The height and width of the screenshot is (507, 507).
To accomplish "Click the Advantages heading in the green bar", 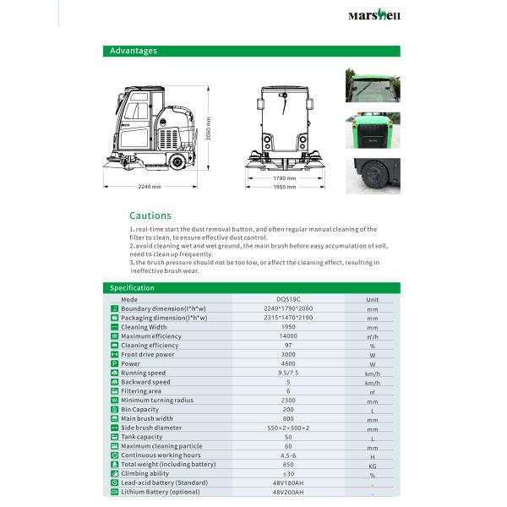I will tap(134, 51).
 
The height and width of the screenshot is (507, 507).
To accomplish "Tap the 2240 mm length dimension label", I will tap(149, 186).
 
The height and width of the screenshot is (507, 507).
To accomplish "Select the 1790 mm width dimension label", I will tap(284, 178).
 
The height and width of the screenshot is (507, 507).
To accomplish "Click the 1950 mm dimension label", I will tap(284, 187).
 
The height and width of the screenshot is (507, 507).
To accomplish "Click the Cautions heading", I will tap(150, 215).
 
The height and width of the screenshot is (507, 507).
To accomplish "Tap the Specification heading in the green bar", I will tap(133, 288).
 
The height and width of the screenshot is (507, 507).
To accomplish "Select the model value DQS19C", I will tap(288, 299).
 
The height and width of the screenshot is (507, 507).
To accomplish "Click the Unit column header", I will tap(373, 299).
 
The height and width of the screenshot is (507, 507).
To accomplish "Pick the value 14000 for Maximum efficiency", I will tap(288, 336).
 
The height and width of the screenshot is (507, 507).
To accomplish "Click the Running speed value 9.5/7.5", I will tap(288, 373).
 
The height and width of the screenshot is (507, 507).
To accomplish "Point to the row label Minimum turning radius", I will tap(157, 400).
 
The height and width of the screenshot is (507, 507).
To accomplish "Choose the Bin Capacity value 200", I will tap(288, 409).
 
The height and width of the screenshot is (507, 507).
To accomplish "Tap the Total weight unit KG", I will tap(373, 465).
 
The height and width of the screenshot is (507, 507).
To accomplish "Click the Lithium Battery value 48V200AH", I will tap(288, 492).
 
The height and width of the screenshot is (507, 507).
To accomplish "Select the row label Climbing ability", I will tap(145, 473).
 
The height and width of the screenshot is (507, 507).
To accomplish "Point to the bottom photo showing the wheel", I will tap(373, 174).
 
